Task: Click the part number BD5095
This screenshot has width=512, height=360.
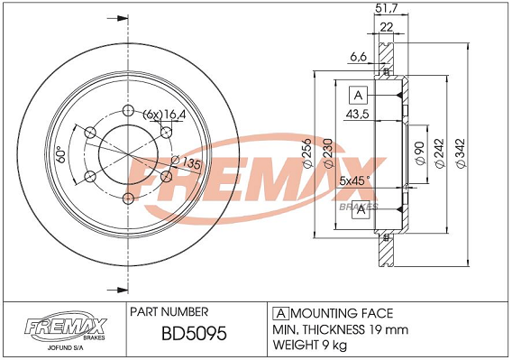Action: coord(194,334)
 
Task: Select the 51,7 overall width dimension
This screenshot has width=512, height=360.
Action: coord(387,8)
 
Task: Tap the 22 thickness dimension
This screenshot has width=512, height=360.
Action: coord(387,27)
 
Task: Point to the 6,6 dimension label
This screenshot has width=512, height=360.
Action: coord(358,57)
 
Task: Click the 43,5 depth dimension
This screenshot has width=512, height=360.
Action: coord(357,114)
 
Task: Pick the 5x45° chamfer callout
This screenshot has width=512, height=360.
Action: coord(355,180)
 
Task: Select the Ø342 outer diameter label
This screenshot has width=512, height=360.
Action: coord(460,153)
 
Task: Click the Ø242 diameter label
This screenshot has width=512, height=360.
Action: coord(440,153)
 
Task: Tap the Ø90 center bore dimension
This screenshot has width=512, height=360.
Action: coord(420,153)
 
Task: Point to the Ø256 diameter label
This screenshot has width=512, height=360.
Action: coord(307,153)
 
